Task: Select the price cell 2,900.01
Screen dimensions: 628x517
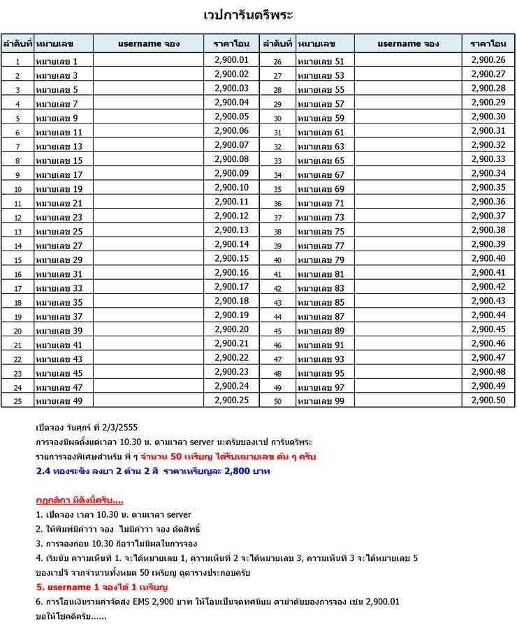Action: (231, 60)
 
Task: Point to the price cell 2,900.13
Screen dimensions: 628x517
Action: (231, 230)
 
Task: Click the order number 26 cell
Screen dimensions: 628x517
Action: (277, 61)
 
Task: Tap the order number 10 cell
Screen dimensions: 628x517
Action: (18, 189)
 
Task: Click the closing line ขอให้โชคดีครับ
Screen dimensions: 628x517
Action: (70, 617)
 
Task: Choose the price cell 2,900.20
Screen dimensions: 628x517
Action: (231, 329)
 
